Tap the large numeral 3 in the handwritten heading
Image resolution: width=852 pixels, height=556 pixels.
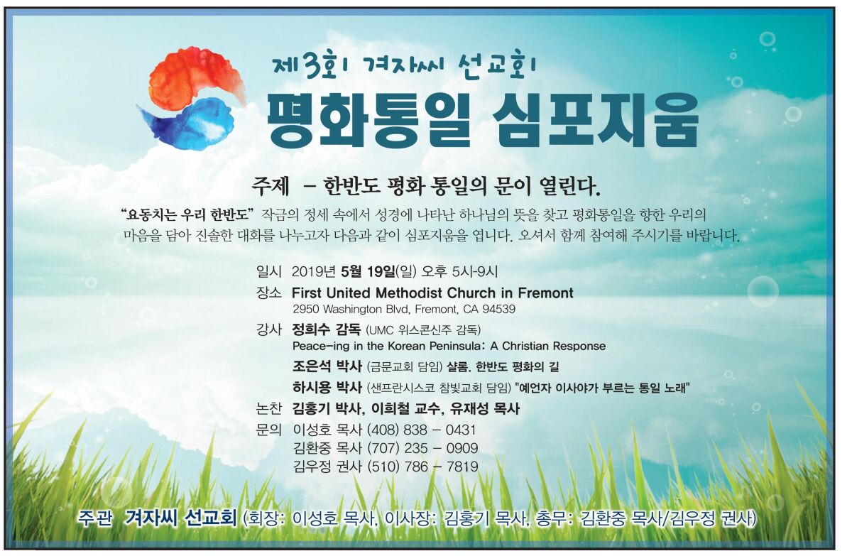[312, 67]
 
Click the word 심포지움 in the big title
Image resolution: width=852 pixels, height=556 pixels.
[595, 120]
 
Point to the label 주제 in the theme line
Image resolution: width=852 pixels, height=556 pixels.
[271, 187]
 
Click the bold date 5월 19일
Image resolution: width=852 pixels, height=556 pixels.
[368, 271]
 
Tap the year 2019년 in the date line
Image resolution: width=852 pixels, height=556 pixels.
[314, 271]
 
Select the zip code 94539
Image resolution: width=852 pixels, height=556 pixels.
[498, 309]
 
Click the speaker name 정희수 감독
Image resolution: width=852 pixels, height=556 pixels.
[327, 329]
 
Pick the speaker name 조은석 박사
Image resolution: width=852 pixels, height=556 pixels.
[327, 366]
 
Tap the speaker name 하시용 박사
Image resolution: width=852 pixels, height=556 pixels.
[327, 388]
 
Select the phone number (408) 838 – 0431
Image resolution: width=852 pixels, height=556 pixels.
[422, 430]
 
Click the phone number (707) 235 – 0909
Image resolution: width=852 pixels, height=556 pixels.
[422, 448]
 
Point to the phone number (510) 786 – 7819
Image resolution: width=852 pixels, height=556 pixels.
[422, 467]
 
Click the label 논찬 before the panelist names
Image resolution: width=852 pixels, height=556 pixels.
[268, 409]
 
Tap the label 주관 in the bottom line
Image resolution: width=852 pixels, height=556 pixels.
[94, 519]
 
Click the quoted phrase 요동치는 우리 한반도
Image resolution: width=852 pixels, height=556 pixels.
[187, 215]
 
